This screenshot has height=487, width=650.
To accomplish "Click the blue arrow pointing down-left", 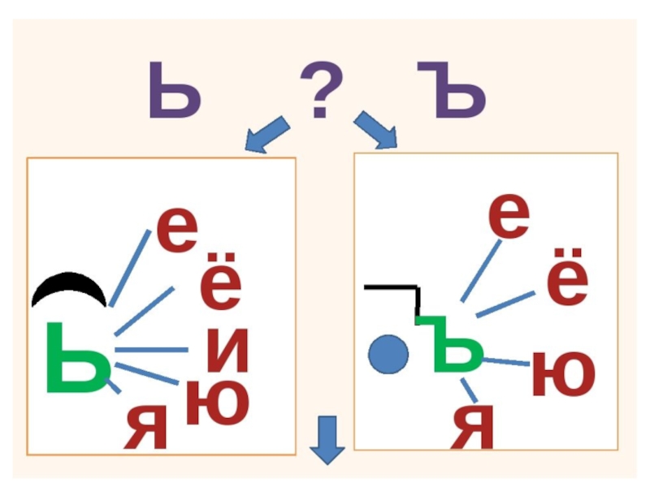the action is [x=268, y=135].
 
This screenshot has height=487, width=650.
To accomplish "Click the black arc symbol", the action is [x=68, y=289].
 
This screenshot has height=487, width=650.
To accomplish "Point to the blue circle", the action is [x=388, y=354].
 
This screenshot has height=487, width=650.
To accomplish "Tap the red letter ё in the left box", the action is [x=220, y=280].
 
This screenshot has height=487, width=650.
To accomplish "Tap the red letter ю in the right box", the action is [x=563, y=374].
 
